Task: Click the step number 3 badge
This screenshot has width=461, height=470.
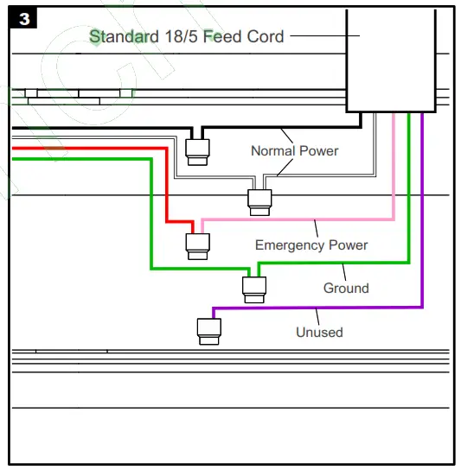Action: click(x=23, y=19)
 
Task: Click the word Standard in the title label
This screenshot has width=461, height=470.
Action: click(x=125, y=36)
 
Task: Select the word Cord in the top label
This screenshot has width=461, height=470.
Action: click(x=264, y=36)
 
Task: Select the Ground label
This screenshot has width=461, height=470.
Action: click(x=346, y=289)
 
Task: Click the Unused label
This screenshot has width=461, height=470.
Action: click(x=319, y=332)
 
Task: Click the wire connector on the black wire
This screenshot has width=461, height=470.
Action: click(x=197, y=151)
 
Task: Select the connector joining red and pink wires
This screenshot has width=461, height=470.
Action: click(x=197, y=245)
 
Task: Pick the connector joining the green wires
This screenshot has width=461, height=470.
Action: click(x=254, y=289)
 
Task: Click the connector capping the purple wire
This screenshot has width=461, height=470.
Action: click(x=208, y=331)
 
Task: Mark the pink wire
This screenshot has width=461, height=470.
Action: click(x=394, y=173)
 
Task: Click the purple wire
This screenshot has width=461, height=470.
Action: click(x=422, y=216)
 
